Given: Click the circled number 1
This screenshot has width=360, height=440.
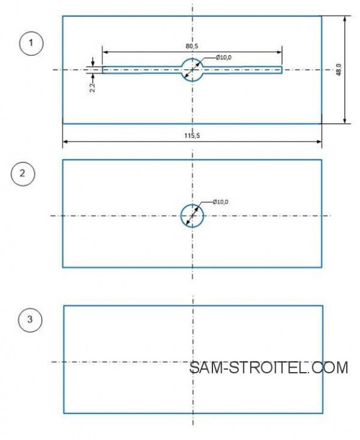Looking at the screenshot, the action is tap(31, 43).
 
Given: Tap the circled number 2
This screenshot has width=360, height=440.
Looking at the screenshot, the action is tap(23, 173).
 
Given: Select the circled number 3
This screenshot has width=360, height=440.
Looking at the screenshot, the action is tap(30, 319).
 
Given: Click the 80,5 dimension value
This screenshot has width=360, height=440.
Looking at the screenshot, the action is tap(192, 46).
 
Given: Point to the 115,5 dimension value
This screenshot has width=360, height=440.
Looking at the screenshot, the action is tap(192, 136).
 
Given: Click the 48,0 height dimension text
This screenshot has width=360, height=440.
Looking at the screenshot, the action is tap(339, 70).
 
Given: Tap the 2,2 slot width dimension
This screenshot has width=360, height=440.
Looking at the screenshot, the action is tap(92, 87).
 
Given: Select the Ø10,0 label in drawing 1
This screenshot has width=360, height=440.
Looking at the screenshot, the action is tap(224, 58).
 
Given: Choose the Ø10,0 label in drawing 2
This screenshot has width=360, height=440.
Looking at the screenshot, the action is tap(221, 202).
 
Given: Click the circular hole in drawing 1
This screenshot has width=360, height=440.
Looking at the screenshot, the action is tap(192, 58).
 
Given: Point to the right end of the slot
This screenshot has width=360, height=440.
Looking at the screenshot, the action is tap(281, 70).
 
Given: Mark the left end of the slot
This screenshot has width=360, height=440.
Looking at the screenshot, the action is tap(102, 70).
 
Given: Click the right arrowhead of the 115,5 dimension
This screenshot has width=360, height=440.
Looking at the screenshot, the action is tap(319, 141).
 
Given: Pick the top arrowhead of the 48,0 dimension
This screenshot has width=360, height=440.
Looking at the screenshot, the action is tap(345, 19).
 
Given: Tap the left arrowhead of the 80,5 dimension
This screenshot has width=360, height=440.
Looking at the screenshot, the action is tap(105, 52).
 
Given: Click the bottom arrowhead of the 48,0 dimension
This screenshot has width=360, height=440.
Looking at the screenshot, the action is tap(345, 121).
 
